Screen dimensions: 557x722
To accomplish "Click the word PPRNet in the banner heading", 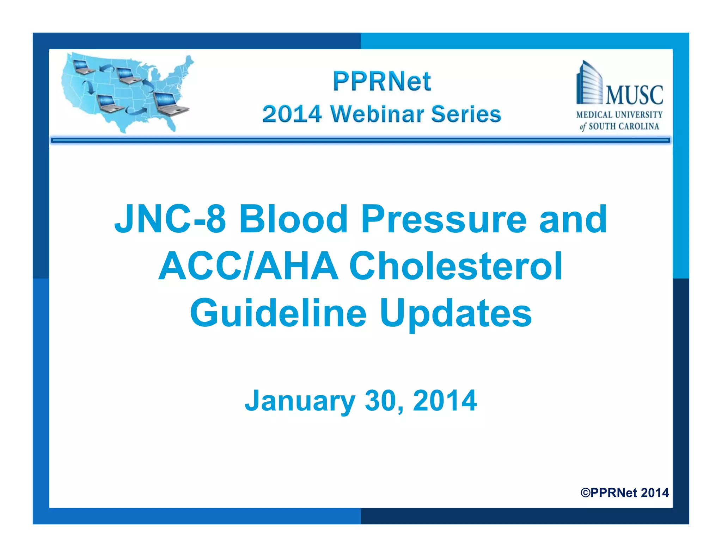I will (382, 82).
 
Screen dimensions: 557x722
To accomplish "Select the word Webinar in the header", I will (377, 114).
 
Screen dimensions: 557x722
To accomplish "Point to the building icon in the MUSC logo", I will (589, 84).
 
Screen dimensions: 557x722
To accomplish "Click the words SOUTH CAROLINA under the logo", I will (624, 126).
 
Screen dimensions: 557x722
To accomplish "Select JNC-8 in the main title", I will (170, 219).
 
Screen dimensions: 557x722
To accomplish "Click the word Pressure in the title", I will (443, 219).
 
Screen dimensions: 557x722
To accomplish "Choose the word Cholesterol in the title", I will (455, 266).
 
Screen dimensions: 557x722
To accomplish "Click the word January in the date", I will (300, 401).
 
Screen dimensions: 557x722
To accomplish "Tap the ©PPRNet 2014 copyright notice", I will (624, 493).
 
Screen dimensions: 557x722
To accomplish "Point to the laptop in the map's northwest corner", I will (83, 67).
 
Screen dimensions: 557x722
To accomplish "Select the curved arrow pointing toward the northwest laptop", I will (106, 68).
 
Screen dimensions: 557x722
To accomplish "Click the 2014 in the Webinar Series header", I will (292, 114).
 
